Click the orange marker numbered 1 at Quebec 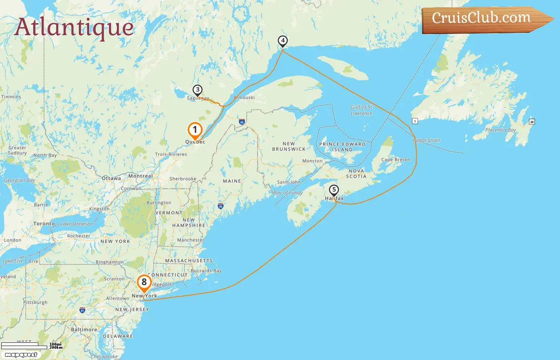click(195, 130)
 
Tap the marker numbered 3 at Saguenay click(197, 90)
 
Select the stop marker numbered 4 click(283, 41)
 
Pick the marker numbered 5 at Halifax click(334, 190)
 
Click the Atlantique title click(74, 27)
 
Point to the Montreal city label click(140, 176)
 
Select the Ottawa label click(111, 178)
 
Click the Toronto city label click(44, 224)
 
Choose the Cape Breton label click(396, 160)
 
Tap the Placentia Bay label click(500, 130)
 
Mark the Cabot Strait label click(426, 140)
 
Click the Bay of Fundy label click(288, 193)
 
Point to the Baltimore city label click(84, 330)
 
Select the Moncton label click(312, 161)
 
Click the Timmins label click(11, 97)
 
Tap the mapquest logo click(21, 355)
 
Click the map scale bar click(24, 346)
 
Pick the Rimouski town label click(244, 98)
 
